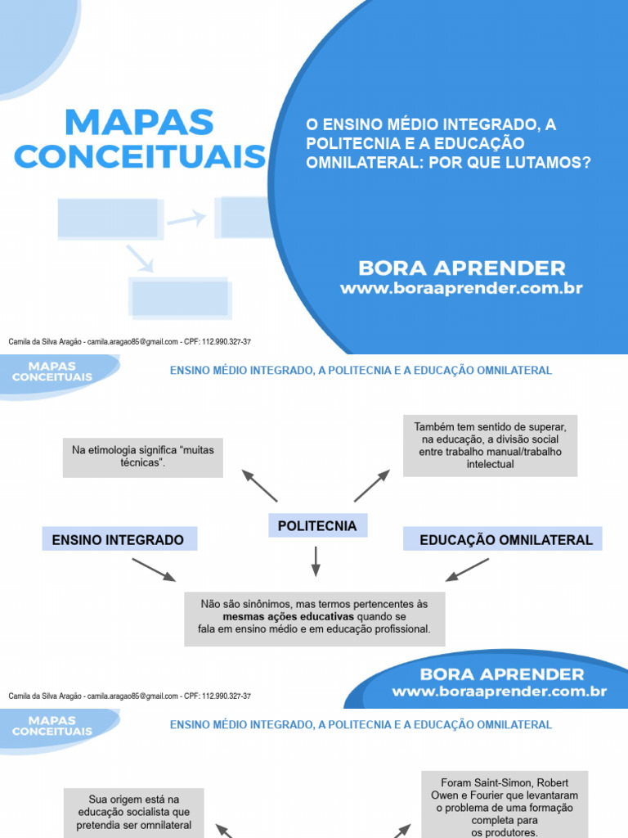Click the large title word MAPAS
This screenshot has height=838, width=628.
click(138, 123)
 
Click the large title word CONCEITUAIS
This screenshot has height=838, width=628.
click(140, 156)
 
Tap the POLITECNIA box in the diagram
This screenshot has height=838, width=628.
click(317, 526)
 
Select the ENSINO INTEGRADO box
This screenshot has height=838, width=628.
click(118, 540)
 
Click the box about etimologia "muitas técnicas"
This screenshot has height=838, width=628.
click(143, 457)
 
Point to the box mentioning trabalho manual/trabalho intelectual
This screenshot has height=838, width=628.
click(490, 446)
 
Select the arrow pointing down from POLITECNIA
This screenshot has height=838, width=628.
click(316, 561)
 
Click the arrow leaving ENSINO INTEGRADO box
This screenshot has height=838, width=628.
click(154, 570)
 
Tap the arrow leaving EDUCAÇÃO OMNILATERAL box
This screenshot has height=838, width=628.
click(468, 570)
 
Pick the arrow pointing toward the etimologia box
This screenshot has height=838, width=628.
click(259, 485)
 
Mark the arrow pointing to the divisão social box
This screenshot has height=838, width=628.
click(372, 485)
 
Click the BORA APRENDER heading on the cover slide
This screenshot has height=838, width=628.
click(461, 268)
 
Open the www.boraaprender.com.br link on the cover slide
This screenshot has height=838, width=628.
click(461, 289)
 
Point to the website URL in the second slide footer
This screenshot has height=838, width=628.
click(499, 692)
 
